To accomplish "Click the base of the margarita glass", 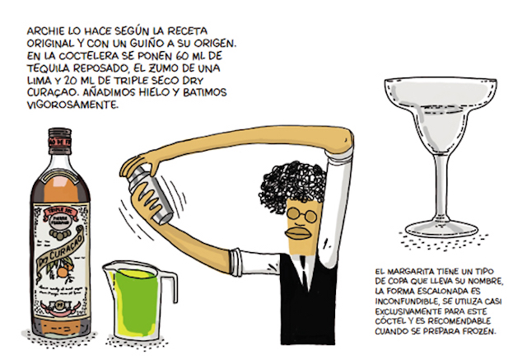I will (x=434, y=227).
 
